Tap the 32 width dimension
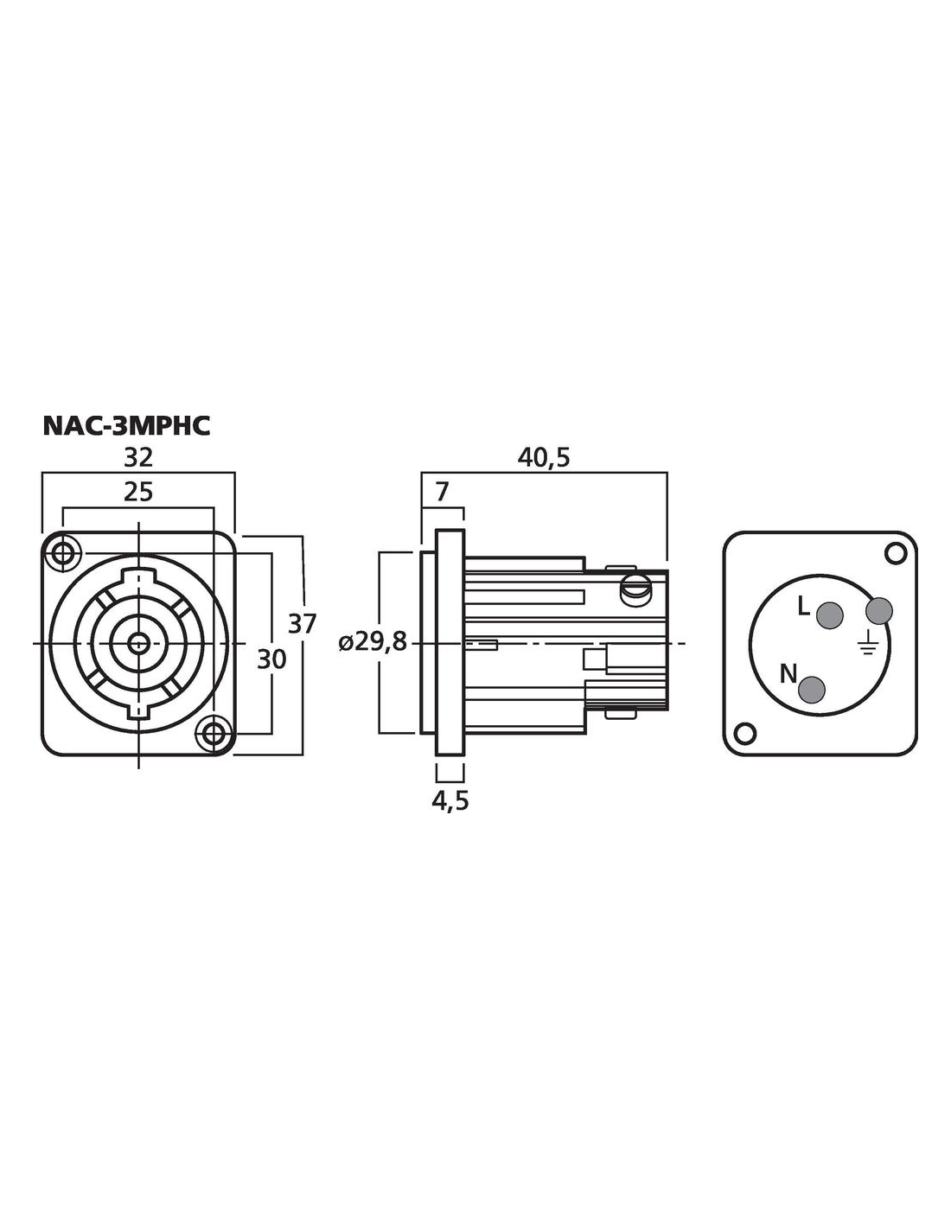138,457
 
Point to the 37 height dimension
302,623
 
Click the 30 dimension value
271,659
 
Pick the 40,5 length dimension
544,458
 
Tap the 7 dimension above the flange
442,493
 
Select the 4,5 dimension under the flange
450,801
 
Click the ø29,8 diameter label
373,642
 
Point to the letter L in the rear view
803,608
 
